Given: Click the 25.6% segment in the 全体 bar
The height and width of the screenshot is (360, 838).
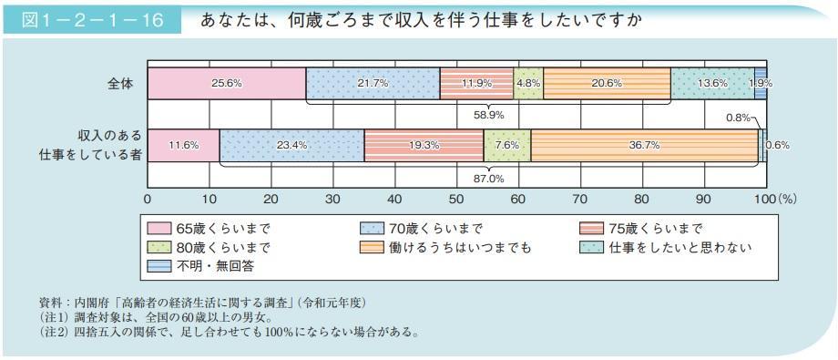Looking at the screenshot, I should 226,83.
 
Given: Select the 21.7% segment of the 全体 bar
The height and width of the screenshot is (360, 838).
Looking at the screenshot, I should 373,83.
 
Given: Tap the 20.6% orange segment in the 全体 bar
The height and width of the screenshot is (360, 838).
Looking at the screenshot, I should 607,83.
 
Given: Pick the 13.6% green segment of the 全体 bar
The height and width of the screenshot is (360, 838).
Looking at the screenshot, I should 712,83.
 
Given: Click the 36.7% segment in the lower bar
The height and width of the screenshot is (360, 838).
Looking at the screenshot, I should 644,145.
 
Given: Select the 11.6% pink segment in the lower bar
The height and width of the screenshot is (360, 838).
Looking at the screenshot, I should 183,145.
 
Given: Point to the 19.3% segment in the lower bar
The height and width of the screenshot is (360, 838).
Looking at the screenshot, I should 424,145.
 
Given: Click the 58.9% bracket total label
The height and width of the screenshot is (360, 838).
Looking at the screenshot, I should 487,116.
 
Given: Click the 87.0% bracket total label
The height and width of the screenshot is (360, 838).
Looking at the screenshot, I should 487,179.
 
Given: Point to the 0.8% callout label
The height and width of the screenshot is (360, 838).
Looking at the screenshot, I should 740,117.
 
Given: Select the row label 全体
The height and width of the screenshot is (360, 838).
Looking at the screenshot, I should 120,83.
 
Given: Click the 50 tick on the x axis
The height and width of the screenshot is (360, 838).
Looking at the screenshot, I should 456,198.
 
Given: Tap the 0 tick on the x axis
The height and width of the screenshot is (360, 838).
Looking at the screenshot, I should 148,198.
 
